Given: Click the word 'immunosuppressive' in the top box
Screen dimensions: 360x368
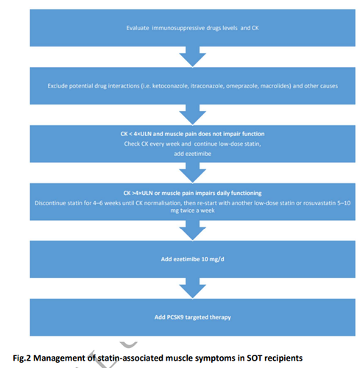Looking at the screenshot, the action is [x=178, y=28].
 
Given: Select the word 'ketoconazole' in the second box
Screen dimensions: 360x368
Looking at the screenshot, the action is [x=168, y=86].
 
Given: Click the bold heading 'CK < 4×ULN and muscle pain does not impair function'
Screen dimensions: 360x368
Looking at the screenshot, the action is [x=192, y=134].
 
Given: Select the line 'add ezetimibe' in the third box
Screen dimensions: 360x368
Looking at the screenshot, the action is [x=193, y=154].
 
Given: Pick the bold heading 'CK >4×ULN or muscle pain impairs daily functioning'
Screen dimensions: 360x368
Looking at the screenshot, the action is [x=192, y=194].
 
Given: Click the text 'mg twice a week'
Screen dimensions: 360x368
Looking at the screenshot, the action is [x=193, y=210].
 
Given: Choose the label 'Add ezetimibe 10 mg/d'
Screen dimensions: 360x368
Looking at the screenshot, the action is [x=192, y=259].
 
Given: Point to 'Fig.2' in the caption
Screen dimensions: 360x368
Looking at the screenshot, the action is [x=22, y=358].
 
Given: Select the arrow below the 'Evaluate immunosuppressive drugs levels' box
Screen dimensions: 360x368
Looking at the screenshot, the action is [x=193, y=57].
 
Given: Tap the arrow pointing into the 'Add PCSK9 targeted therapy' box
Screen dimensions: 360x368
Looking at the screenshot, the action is [x=193, y=289].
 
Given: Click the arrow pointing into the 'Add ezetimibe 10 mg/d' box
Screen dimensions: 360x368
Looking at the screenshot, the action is [x=193, y=230].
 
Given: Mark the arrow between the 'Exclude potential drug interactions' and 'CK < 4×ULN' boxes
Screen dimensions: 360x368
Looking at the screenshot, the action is [x=193, y=115].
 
